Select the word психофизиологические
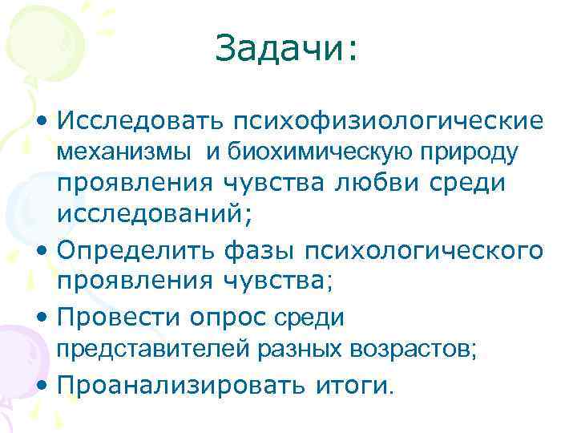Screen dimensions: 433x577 point(387,122)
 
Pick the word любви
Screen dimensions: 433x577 point(387,184)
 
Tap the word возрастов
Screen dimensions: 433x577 point(407,349)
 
